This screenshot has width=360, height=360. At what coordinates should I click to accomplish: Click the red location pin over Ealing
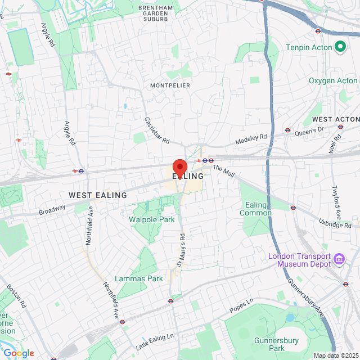coord(179,167)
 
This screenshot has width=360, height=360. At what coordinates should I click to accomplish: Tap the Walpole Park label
coord(152,219)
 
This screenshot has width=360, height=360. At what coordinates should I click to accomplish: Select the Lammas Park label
coord(138,278)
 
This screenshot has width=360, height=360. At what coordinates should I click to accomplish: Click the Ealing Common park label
coord(255,209)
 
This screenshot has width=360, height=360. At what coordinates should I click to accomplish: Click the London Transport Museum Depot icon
coord(340,259)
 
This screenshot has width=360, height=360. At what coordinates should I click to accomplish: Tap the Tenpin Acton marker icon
coord(340,47)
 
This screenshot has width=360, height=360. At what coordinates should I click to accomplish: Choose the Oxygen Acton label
coord(333,81)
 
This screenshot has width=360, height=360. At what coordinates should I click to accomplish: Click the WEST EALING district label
coord(98,195)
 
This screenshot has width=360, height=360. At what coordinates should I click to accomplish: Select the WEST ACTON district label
coord(335,119)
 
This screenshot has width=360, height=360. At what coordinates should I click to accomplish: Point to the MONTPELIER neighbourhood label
coord(170,85)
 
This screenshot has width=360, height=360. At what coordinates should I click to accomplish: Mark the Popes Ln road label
coord(242,307)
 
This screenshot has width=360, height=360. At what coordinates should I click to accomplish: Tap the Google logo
coord(18,353)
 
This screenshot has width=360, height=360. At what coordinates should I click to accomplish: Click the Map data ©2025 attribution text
coord(335,355)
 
